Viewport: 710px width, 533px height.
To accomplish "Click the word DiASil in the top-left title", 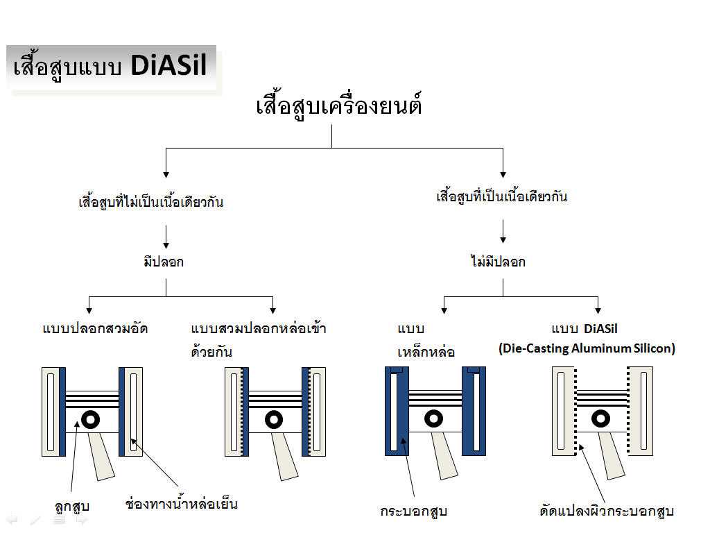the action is pos(169,65).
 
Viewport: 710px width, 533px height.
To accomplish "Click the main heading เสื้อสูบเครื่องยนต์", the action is pos(339,105).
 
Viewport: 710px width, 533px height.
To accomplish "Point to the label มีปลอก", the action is pos(164,261).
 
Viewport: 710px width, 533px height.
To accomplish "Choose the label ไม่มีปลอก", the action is pos(498,261).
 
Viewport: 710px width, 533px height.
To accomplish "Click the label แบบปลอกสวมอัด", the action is pos(95,328).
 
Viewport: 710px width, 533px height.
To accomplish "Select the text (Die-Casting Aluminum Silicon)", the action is pos(587,348).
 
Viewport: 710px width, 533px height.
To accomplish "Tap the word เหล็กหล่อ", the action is pos(426,351).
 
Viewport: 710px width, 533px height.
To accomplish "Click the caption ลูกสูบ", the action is pos(72,506).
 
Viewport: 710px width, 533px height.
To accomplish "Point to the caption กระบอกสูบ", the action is pos(414,511).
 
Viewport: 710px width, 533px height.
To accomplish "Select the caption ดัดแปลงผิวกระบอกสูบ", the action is pos(607,511).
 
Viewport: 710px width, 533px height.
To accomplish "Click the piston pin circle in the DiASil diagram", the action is pos(600,418).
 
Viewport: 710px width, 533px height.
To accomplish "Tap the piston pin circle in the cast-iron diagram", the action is pos(433,418).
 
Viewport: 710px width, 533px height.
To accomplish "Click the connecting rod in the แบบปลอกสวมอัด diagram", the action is pos(101,456).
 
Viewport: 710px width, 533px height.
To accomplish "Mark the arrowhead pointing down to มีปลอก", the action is pos(166,245).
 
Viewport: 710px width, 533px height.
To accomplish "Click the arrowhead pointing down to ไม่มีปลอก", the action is pos(503,239).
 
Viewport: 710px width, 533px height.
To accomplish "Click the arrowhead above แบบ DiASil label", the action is pos(598,310).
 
